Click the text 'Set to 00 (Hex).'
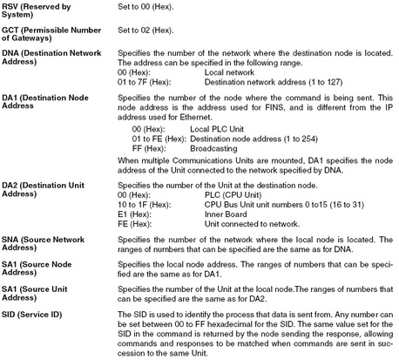(149, 8)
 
